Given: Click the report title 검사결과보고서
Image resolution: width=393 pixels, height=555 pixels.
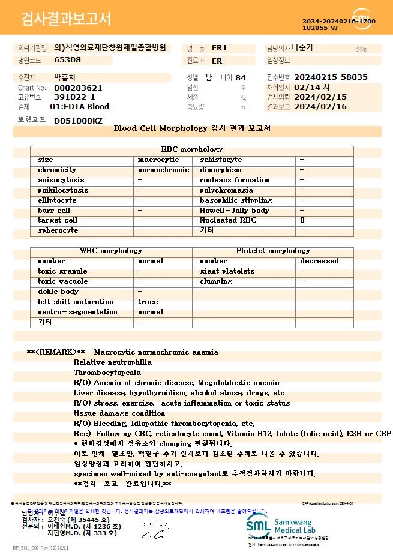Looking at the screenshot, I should pos(66,19).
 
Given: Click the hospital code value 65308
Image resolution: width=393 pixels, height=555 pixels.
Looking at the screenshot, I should pos(67,60).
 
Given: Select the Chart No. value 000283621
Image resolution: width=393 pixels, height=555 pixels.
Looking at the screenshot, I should pos(78,88).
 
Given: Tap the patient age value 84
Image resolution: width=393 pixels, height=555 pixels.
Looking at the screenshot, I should pos(241,77).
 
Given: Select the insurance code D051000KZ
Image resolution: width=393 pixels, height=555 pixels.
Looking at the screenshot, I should pos(78,121).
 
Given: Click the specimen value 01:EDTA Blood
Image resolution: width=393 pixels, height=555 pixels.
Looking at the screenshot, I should pos(79,106).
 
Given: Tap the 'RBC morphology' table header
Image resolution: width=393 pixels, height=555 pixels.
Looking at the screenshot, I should pos(192,149).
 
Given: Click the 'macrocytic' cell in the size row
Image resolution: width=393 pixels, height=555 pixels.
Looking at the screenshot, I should pos(158,160).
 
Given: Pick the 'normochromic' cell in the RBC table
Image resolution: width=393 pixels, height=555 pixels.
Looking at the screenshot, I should pos(163,170).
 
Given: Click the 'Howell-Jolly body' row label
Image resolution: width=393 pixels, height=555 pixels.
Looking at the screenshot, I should pos(235,211).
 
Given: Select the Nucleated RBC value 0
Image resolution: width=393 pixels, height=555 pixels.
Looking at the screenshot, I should pos(302,220).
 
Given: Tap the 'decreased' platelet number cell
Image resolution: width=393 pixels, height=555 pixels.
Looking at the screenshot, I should pos(319,261).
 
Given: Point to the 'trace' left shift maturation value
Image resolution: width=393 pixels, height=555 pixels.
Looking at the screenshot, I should pos(148,302).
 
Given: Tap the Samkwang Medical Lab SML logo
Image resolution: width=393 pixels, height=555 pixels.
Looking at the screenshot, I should pos(259,526).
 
